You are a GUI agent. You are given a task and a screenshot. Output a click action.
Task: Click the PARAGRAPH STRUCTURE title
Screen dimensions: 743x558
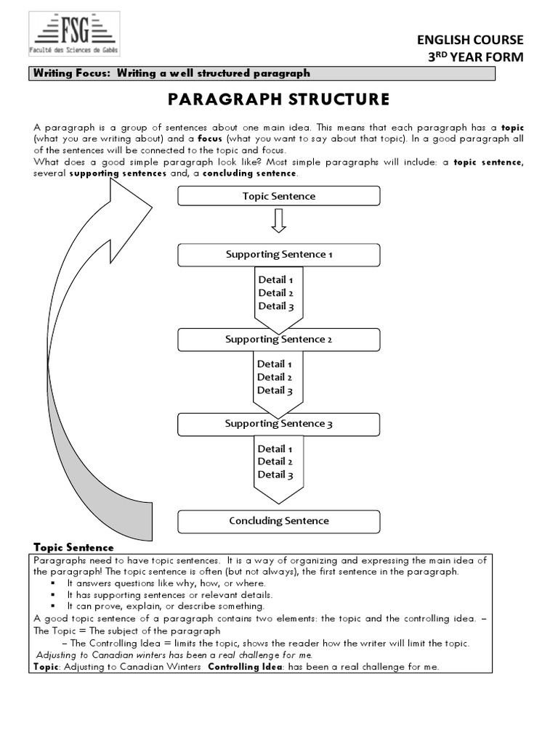pos(278,99)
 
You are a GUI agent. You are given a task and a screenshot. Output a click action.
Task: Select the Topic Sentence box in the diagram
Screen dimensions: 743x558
pos(279,196)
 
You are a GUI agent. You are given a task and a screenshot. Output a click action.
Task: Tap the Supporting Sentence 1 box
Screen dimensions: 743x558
pos(279,255)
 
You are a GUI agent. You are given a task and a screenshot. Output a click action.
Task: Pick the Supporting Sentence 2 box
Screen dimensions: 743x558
pos(279,340)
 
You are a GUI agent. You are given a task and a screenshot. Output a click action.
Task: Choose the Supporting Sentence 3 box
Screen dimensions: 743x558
pos(279,424)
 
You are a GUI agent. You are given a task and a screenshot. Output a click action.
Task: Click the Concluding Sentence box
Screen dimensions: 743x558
pos(279,521)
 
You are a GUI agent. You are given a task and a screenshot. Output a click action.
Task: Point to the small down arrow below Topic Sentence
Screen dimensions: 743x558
pos(279,221)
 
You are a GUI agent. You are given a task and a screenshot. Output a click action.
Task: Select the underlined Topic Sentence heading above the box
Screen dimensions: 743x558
pos(73,547)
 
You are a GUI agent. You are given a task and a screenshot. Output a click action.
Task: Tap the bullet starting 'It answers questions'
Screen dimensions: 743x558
pos(166,583)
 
